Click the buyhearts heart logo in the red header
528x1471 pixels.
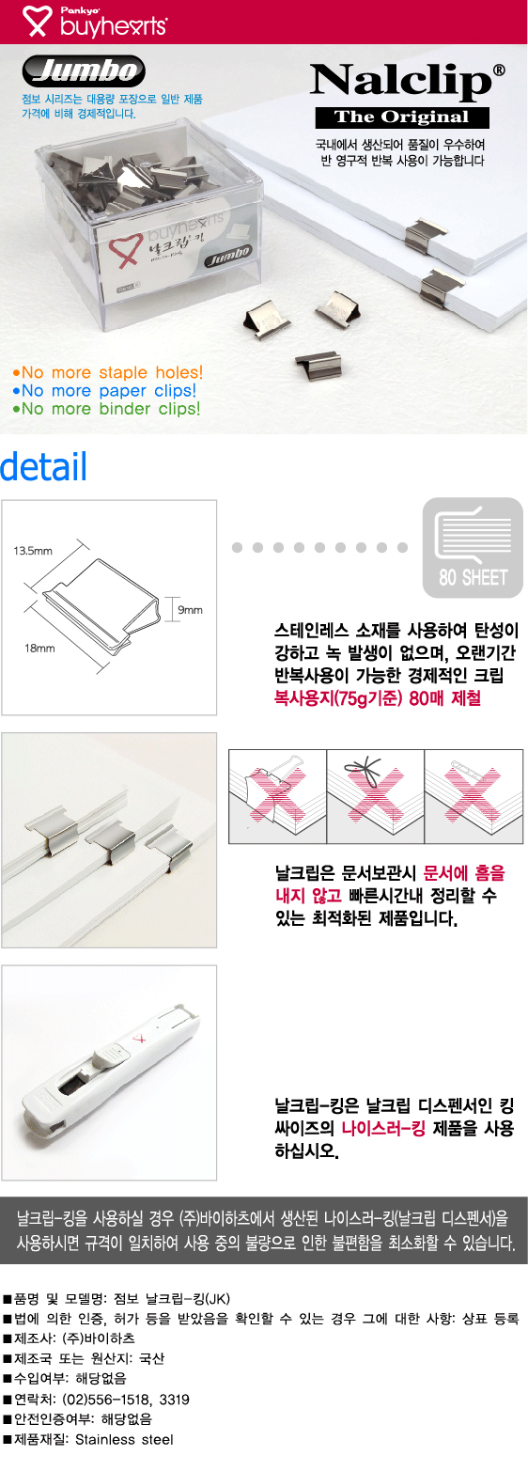tap(38, 21)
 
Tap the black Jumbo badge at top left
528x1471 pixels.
tap(84, 70)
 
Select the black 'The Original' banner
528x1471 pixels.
tap(402, 117)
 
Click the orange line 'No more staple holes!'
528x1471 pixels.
tap(108, 372)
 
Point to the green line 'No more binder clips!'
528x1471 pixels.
tap(106, 409)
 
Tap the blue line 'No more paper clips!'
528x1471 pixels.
tap(104, 391)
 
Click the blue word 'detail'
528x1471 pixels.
tap(43, 466)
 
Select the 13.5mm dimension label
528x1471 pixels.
tap(33, 550)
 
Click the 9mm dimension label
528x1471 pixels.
tap(191, 609)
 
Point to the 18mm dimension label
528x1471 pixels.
tap(39, 649)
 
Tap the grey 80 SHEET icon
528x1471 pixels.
tap(473, 548)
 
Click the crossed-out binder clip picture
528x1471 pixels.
tap(277, 796)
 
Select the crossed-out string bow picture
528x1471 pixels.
tap(376, 796)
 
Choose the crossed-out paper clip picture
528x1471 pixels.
tap(474, 796)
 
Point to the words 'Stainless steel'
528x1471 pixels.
tap(124, 1439)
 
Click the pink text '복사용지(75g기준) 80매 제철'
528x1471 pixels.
tap(378, 697)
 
